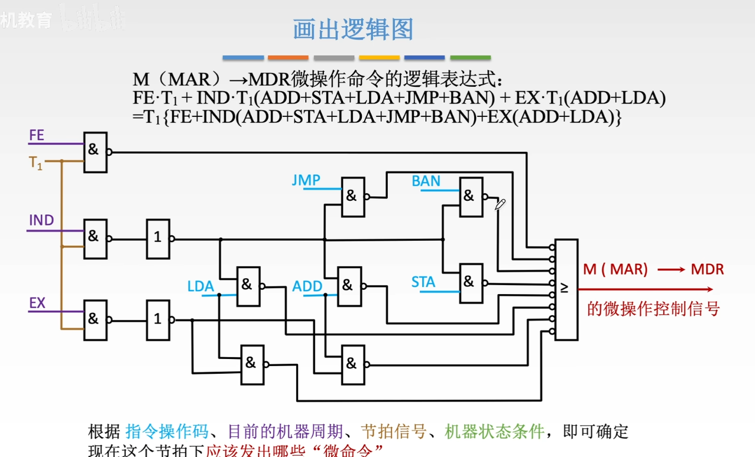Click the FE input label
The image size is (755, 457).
tap(37, 135)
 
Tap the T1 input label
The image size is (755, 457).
tap(36, 162)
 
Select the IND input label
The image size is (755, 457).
tap(41, 221)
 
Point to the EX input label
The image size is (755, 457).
tap(37, 303)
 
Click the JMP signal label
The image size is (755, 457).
tap(306, 181)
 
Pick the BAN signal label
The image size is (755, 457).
tap(426, 181)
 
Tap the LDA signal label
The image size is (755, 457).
tap(200, 287)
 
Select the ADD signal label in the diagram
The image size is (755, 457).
tap(307, 287)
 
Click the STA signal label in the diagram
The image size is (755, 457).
tap(423, 283)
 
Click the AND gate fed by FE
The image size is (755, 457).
tap(95, 151)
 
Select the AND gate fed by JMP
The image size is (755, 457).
tap(353, 196)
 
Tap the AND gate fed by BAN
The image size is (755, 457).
tap(471, 196)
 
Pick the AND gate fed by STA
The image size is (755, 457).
tap(471, 282)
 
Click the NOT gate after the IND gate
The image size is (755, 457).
tap(158, 239)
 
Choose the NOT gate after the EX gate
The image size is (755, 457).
tap(158, 319)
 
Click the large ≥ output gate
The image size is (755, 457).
tap(566, 289)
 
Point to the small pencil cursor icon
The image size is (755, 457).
tap(500, 204)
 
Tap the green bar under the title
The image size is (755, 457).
tap(470, 58)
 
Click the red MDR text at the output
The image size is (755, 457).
tap(707, 270)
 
